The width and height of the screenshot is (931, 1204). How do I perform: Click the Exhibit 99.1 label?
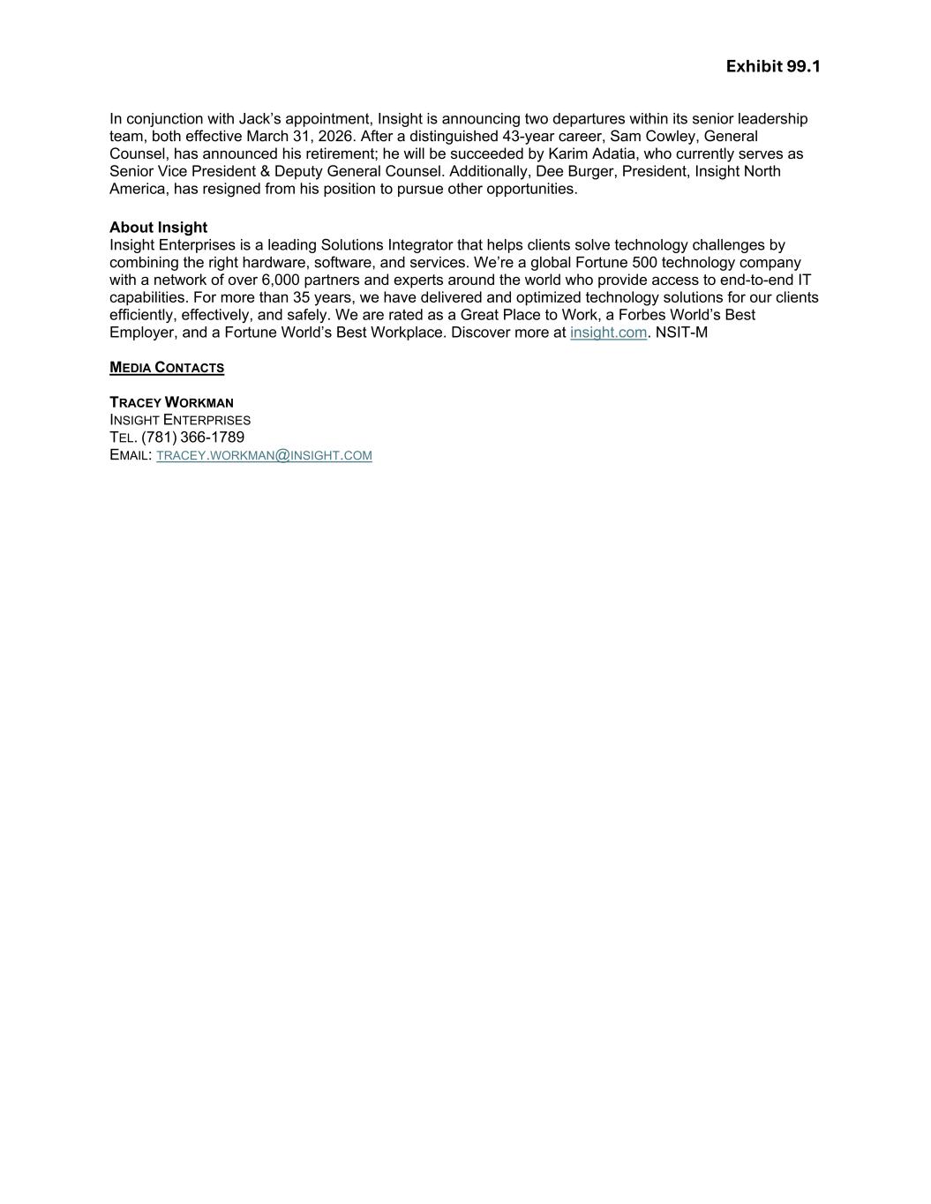773,67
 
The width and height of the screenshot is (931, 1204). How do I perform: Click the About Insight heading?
158,228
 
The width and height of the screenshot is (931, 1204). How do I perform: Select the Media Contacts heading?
167,368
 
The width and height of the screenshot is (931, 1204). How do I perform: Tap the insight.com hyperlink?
608,333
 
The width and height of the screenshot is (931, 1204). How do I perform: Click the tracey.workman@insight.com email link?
264,455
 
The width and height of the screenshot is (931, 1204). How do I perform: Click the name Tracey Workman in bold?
171,402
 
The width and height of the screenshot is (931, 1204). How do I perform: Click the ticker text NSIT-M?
681,333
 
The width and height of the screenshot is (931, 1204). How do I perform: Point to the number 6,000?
280,280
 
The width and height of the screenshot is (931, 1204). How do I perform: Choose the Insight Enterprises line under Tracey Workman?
180,420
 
